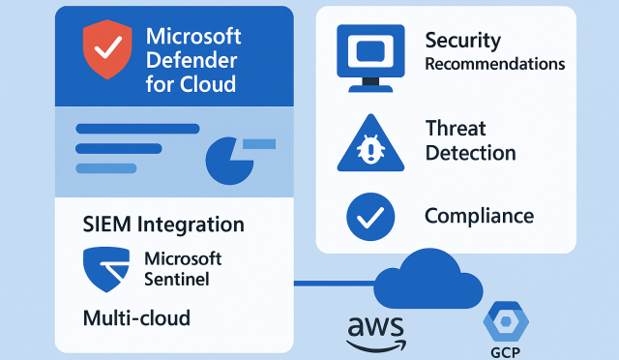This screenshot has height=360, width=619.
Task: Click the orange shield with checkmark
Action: pyautogui.click(x=105, y=51)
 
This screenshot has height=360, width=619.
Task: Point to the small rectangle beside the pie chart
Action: pyautogui.click(x=259, y=144)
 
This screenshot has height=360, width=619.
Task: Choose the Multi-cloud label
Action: pyautogui.click(x=136, y=316)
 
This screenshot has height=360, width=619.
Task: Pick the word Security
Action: pyautogui.click(x=463, y=41)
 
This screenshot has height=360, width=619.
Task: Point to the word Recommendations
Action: pyautogui.click(x=494, y=65)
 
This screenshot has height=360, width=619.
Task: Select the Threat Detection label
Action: pyautogui.click(x=470, y=140)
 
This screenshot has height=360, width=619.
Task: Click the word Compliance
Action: pyautogui.click(x=479, y=216)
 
